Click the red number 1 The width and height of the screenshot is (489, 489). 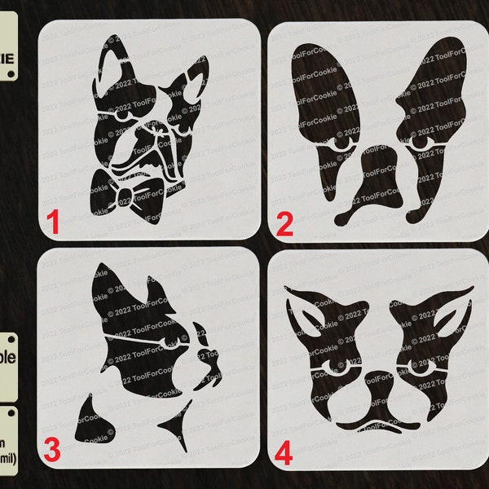click(x=53, y=222)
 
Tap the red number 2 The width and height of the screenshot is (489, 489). click(x=284, y=222)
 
